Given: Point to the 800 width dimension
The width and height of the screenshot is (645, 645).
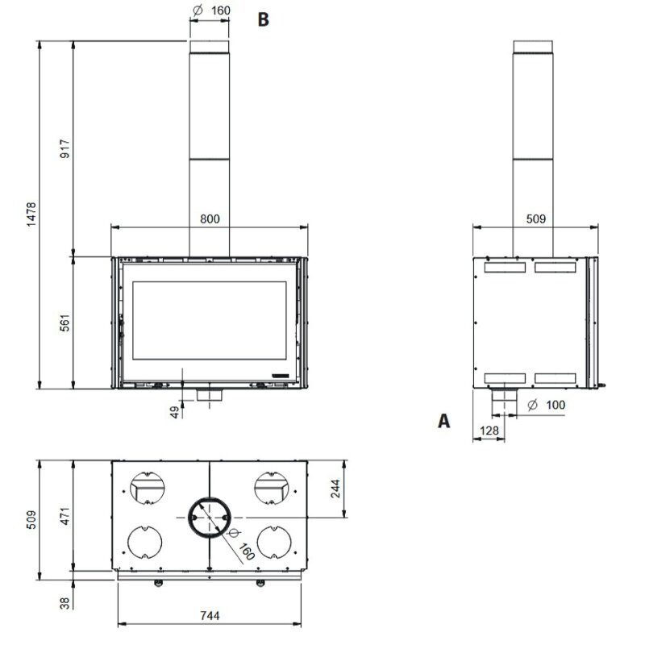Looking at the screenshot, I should click(x=209, y=218).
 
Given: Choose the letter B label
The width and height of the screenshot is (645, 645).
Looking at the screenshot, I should click(x=263, y=20).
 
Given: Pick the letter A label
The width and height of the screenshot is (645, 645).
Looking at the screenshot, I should click(x=443, y=420).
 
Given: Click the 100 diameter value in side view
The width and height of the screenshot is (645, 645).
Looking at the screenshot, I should click(x=556, y=405).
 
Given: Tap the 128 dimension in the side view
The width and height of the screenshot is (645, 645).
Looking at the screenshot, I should click(x=488, y=432).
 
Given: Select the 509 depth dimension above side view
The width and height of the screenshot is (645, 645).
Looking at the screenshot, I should click(x=535, y=218).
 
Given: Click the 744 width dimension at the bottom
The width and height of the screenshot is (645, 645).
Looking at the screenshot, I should click(x=209, y=615).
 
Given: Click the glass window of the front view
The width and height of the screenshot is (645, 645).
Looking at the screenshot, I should click(x=209, y=320).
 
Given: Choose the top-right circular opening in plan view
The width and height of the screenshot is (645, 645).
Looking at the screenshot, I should click(x=272, y=487).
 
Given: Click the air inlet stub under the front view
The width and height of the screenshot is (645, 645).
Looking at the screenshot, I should click(x=209, y=397).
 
